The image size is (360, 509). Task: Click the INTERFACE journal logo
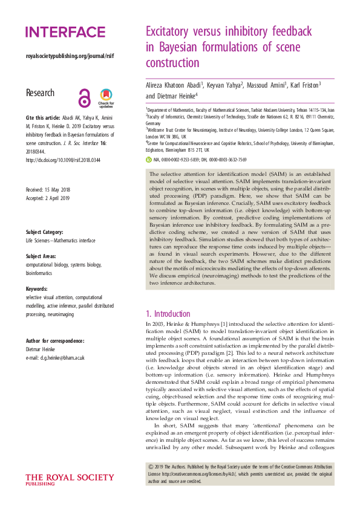65,33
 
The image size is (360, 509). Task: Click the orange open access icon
85,96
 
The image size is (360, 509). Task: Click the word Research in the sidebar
40,94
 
